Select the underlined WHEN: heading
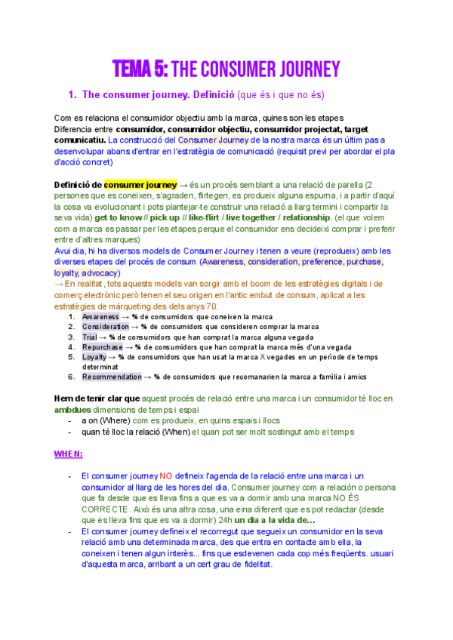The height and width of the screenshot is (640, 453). tap(68, 454)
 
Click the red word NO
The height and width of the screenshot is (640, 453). tap(167, 475)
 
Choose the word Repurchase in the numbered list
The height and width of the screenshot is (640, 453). tap(102, 346)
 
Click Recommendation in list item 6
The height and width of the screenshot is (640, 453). tap(112, 376)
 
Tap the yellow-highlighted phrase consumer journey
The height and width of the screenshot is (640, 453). tap(140, 185)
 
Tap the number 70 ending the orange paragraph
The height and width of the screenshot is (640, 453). tap(211, 306)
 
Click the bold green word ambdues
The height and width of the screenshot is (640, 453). tap(72, 409)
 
